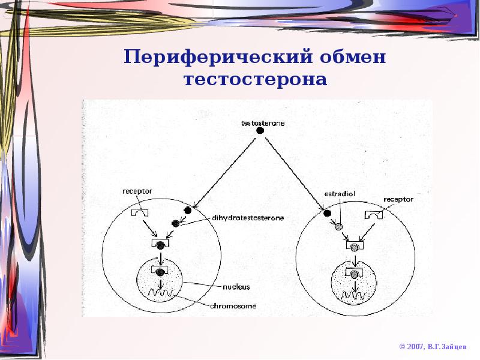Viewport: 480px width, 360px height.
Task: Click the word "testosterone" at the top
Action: (263, 123)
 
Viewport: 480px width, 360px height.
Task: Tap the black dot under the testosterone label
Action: (260, 130)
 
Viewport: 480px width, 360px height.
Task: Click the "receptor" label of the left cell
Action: (137, 191)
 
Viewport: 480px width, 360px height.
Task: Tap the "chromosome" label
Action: (233, 305)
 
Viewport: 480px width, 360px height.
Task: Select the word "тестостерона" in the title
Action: (256, 79)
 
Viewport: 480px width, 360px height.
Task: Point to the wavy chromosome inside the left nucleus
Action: (160, 294)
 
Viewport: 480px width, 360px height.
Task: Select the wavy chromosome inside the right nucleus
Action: (355, 295)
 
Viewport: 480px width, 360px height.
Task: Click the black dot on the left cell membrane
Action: (188, 210)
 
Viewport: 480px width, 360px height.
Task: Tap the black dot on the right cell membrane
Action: (327, 212)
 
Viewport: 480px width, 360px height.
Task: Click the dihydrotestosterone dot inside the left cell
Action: (175, 223)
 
